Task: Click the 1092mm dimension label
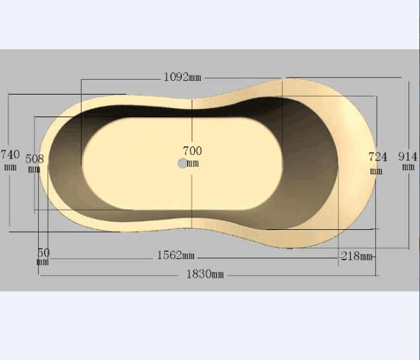182,77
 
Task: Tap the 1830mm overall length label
205,275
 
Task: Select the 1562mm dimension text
176,255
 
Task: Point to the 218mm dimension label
357,256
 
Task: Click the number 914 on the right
408,156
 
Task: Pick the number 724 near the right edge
378,157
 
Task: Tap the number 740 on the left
10,154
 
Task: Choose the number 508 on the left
34,159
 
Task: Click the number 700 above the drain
192,151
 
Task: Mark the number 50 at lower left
43,253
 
